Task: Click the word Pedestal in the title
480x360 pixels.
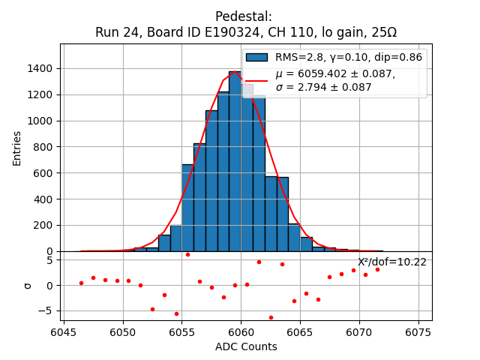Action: (244, 16)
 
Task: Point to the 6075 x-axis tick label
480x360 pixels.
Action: (418, 331)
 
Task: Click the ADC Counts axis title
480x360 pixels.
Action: (246, 346)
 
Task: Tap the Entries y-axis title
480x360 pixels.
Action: (17, 148)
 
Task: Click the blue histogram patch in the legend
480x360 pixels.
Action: (257, 57)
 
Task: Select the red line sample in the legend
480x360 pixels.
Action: (257, 80)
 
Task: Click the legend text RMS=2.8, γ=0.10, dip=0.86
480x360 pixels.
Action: (348, 57)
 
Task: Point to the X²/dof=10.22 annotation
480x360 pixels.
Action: (391, 262)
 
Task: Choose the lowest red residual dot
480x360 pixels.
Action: (271, 317)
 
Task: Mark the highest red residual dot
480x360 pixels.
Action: (187, 254)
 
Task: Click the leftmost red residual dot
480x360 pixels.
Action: (81, 283)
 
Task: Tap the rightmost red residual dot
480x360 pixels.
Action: (377, 269)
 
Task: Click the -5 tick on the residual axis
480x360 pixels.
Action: (49, 310)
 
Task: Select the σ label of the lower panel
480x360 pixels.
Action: (28, 285)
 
